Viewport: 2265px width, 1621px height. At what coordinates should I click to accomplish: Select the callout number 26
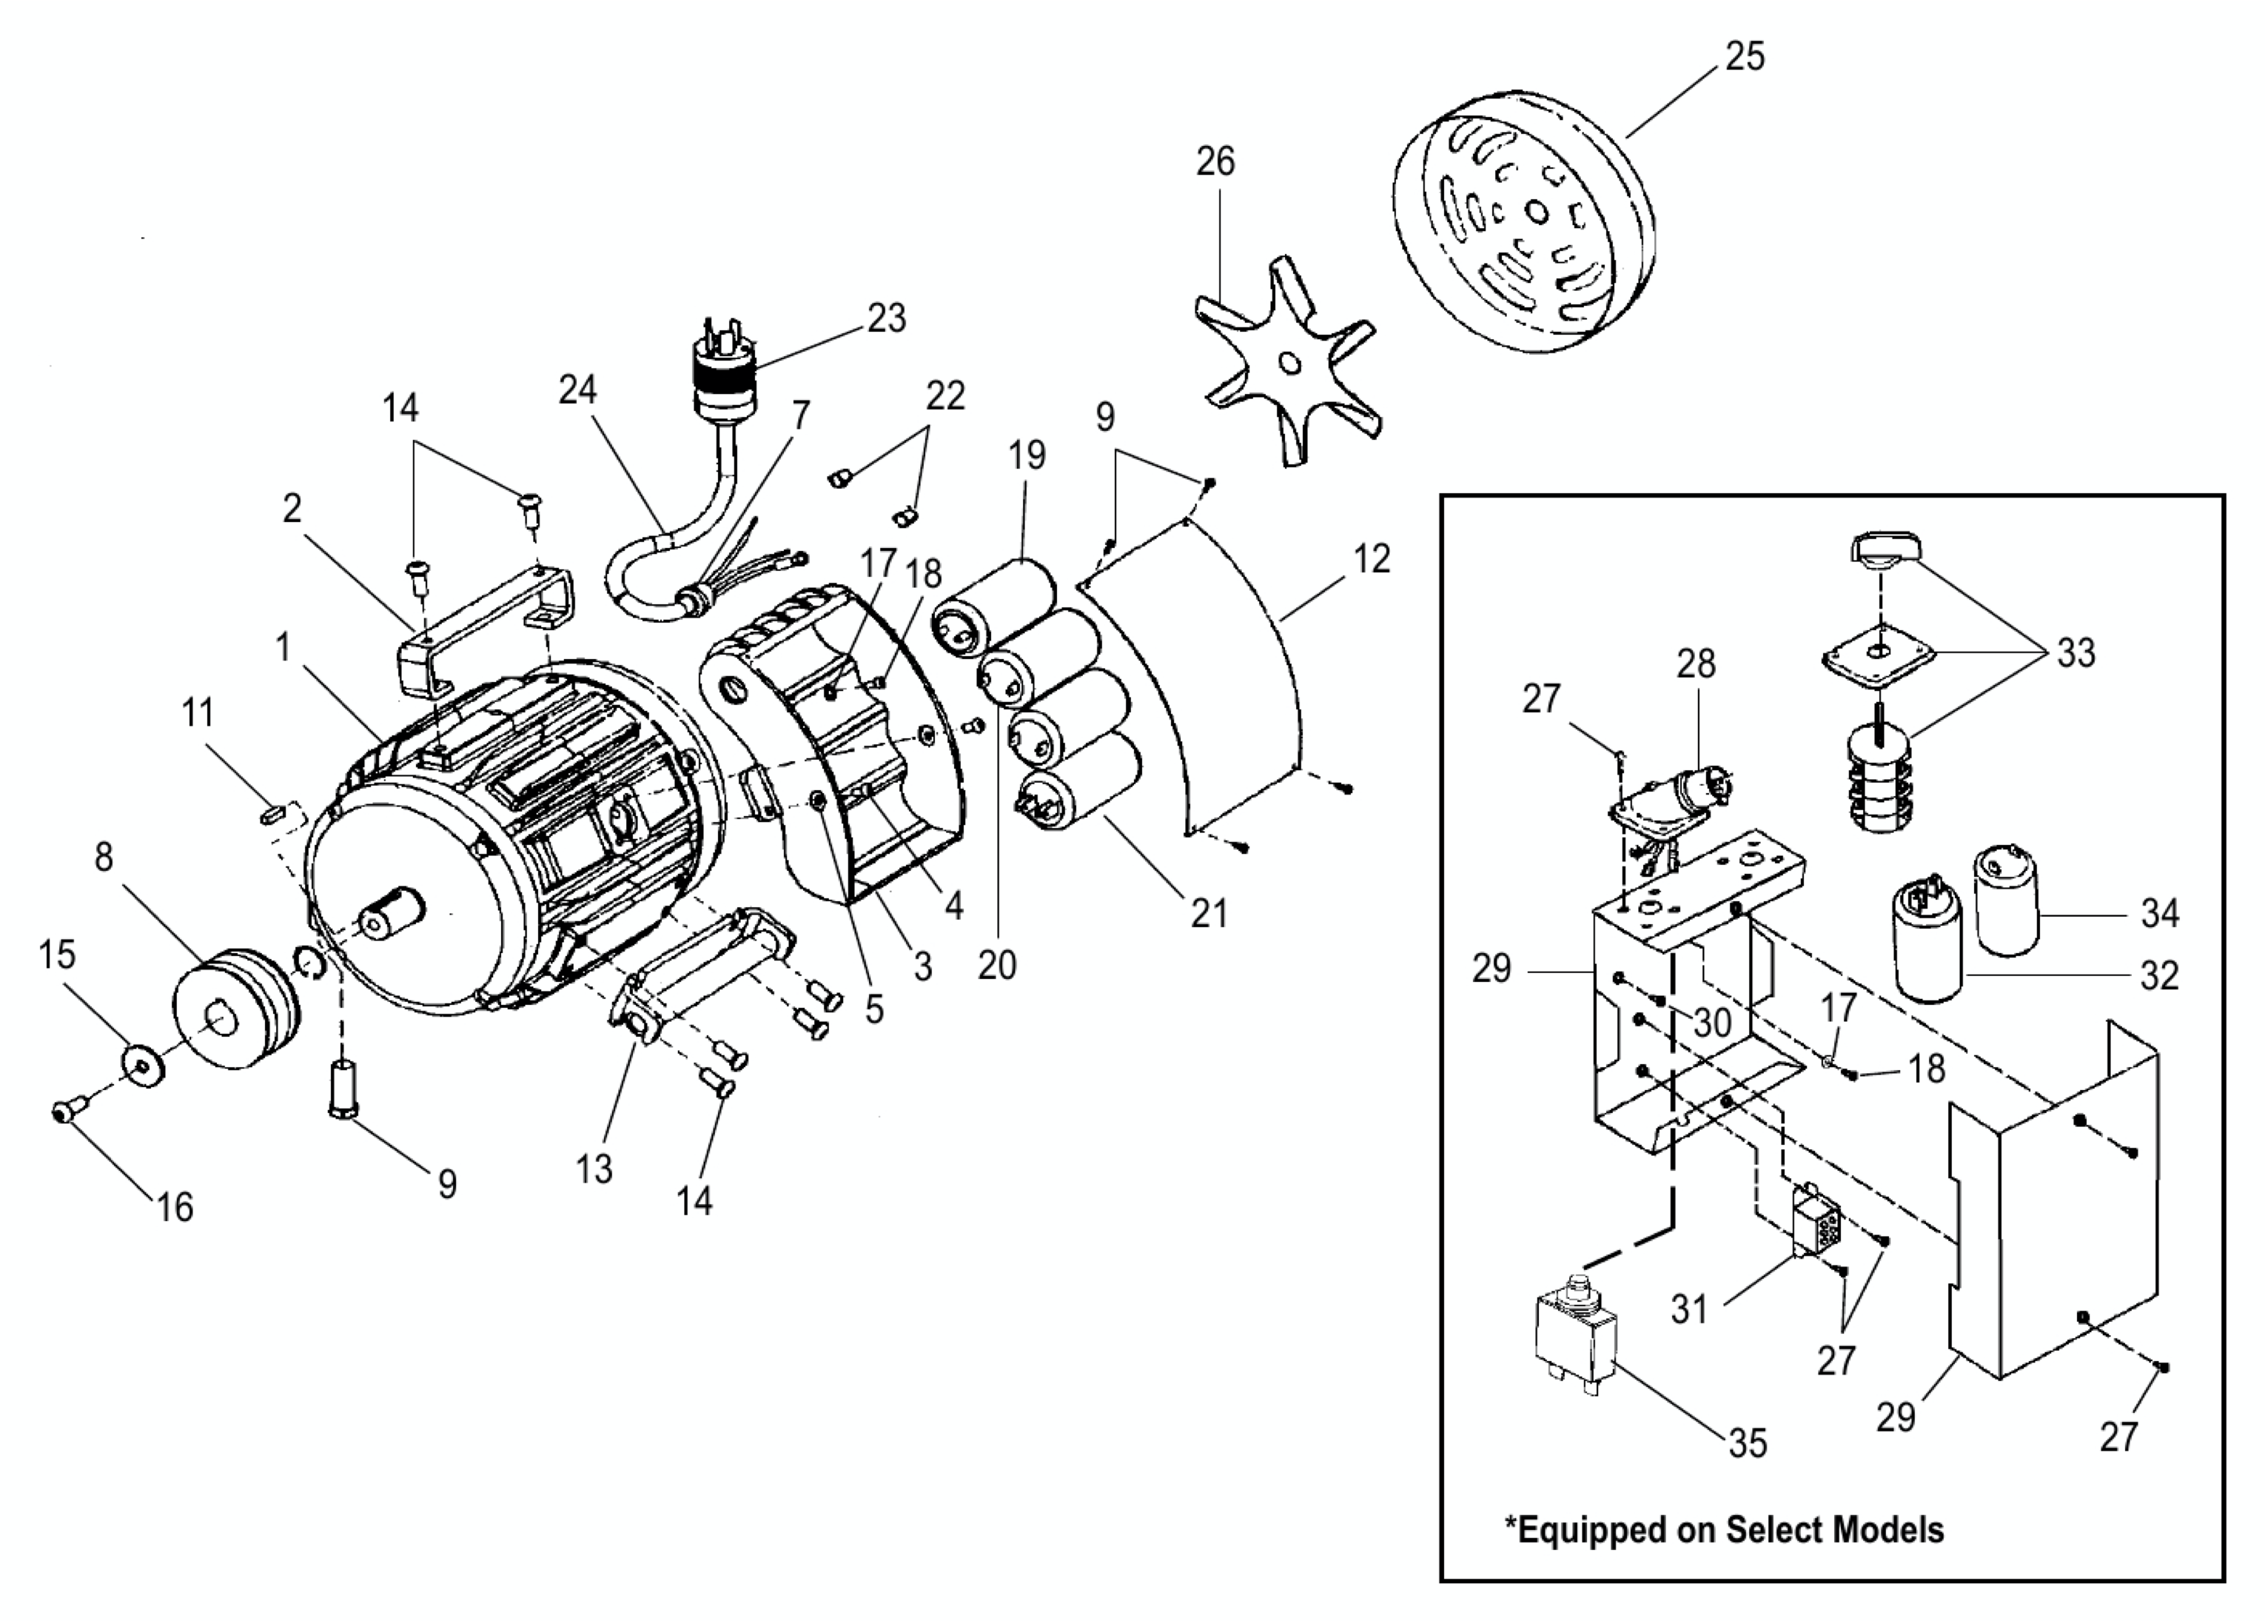click(x=1215, y=161)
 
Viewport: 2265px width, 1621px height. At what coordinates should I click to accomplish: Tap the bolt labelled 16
click(x=67, y=1109)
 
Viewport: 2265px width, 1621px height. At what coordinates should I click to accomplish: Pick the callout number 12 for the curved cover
click(x=1372, y=559)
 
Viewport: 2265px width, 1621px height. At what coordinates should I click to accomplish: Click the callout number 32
click(x=2159, y=975)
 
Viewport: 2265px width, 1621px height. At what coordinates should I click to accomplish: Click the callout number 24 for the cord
click(x=577, y=390)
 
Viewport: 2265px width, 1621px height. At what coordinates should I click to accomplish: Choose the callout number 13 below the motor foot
click(x=594, y=1169)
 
